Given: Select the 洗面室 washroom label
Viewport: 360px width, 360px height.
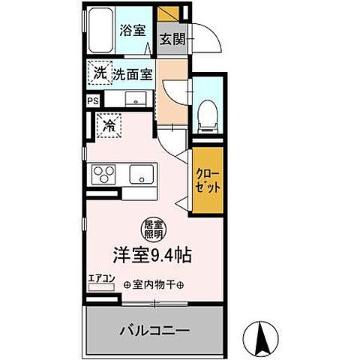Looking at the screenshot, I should click(133, 74).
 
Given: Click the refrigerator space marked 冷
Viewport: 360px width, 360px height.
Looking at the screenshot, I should click(109, 125).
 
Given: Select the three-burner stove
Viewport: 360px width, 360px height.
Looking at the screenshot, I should click(103, 175).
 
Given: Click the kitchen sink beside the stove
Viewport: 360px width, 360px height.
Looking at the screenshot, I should click(140, 175).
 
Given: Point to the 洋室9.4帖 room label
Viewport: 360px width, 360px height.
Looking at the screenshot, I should click(153, 254).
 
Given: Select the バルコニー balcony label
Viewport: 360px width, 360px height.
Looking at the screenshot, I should click(154, 330).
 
